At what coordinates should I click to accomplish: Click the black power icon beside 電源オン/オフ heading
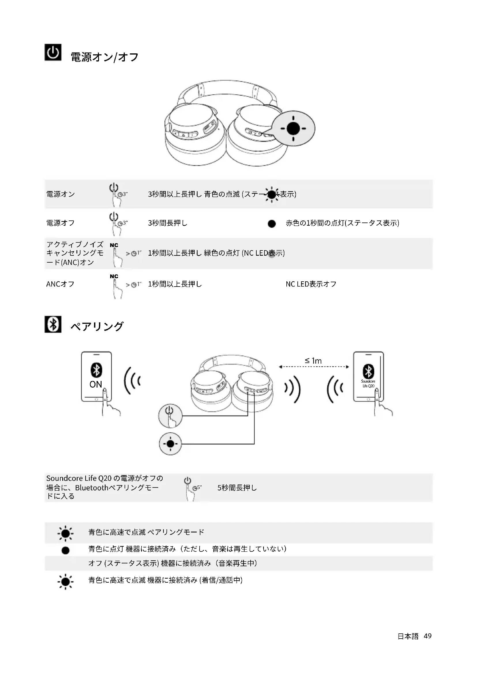[x=53, y=52]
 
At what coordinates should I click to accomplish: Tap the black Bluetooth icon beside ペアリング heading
[x=53, y=324]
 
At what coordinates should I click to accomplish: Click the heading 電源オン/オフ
[x=105, y=57]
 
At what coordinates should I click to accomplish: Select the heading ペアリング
[x=97, y=326]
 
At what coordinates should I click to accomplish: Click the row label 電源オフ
[x=61, y=223]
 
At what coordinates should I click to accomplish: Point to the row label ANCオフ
[x=60, y=284]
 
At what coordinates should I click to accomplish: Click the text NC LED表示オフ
[x=311, y=284]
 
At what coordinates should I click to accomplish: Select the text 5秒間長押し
[x=237, y=488]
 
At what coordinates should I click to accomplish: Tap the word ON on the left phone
[x=96, y=384]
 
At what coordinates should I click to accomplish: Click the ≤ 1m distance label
[x=313, y=361]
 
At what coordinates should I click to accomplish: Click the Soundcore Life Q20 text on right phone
[x=368, y=383]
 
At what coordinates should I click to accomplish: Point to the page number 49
[x=428, y=636]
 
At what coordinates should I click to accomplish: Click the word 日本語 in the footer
[x=408, y=636]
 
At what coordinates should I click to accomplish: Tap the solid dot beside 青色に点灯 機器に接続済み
[x=65, y=550]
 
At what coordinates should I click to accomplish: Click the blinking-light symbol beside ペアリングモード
[x=65, y=533]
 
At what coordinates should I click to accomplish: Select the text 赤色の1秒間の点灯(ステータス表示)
[x=343, y=223]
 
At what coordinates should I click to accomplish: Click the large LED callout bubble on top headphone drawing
[x=293, y=128]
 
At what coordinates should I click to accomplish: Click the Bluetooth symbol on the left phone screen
[x=96, y=370]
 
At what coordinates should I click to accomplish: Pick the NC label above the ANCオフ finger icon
[x=114, y=276]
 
